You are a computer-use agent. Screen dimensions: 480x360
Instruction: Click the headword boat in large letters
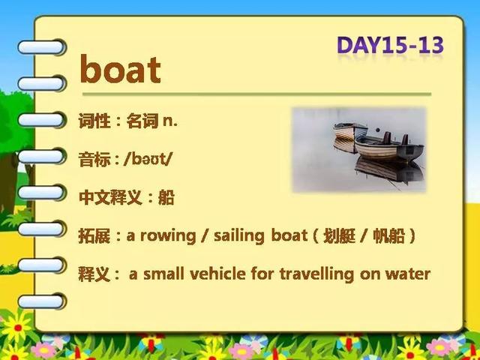point(120,69)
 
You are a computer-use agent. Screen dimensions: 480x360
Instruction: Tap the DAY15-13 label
point(390,45)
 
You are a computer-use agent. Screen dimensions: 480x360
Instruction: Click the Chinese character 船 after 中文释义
point(166,197)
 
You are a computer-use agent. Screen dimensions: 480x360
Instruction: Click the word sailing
point(239,235)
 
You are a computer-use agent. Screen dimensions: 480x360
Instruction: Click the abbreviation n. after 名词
point(170,121)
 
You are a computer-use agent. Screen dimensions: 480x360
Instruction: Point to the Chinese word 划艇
point(339,236)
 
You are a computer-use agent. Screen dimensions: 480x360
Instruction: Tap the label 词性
point(94,121)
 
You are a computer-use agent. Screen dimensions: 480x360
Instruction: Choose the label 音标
point(94,160)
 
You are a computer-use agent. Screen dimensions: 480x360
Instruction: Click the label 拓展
point(94,236)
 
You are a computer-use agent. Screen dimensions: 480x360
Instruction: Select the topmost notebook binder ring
point(42,47)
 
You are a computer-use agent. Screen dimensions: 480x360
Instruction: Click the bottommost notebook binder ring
point(42,301)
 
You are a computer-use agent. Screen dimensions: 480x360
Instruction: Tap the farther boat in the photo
point(350,130)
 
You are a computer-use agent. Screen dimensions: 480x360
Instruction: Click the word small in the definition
point(163,274)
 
